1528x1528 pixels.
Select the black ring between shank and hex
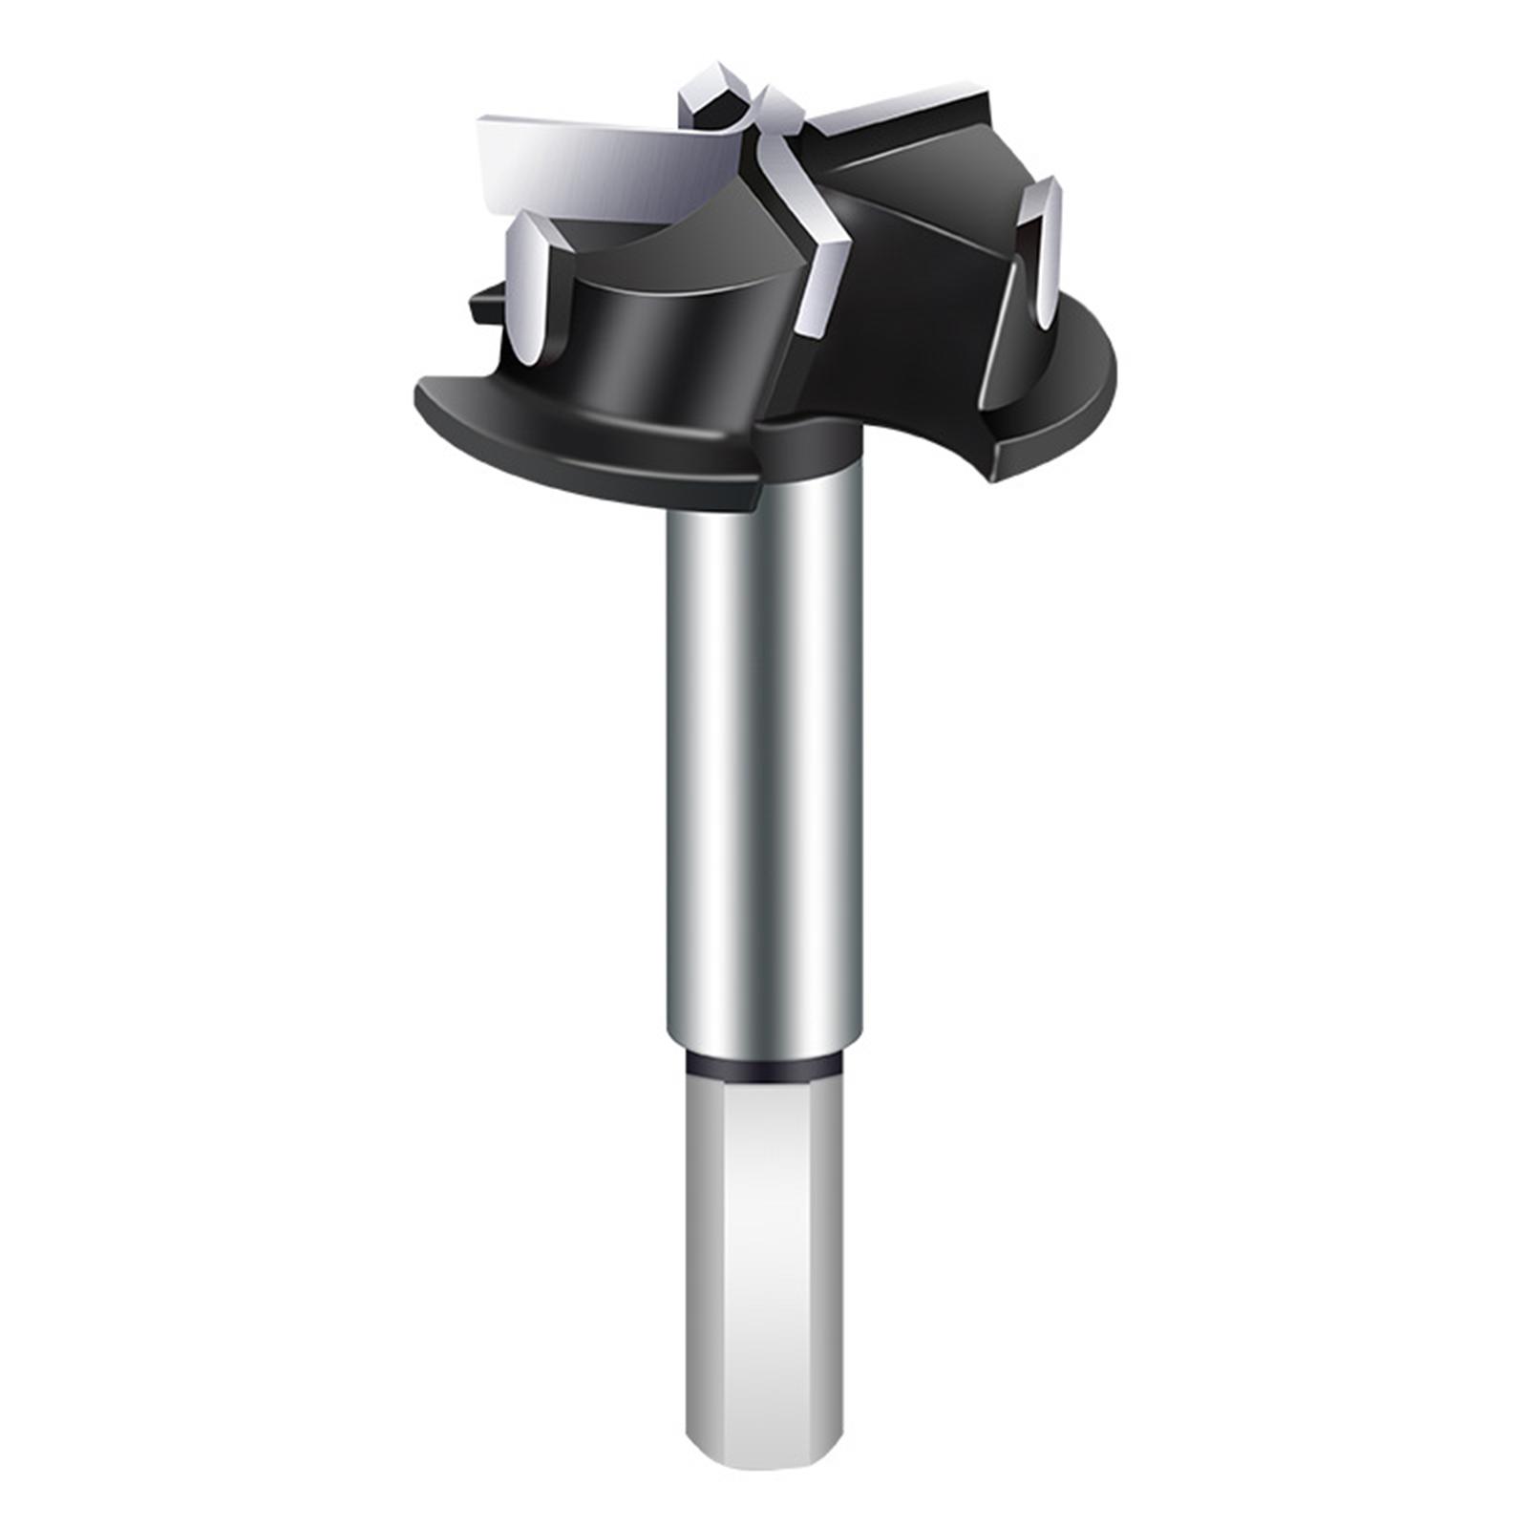[764, 1067]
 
